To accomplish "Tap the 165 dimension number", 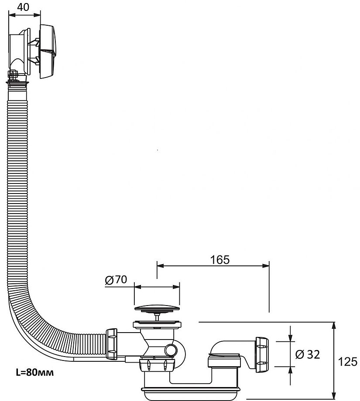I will click(x=219, y=260).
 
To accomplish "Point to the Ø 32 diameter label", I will click(x=308, y=354).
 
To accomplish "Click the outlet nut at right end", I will click(x=262, y=350).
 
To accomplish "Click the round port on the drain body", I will click(x=171, y=350).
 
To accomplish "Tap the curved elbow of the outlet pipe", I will click(x=221, y=347).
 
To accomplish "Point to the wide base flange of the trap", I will click(x=190, y=388).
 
